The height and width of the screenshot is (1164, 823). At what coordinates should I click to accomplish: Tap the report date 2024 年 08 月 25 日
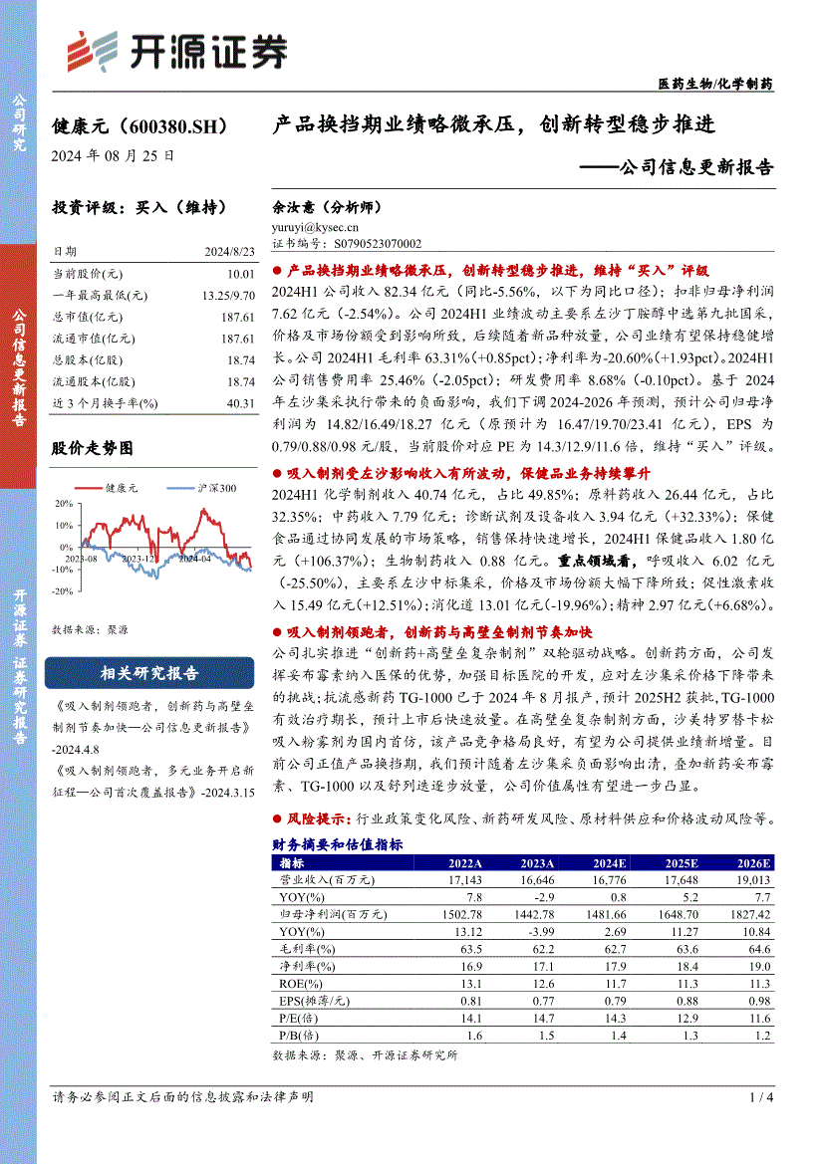tap(114, 155)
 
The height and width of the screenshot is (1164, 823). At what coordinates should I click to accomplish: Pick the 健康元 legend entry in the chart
tap(114, 488)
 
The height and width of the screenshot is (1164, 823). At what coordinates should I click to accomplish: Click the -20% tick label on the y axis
tap(62, 590)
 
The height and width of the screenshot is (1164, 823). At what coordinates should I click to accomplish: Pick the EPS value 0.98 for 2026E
tap(759, 999)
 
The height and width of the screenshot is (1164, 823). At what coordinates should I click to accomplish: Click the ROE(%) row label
tap(299, 982)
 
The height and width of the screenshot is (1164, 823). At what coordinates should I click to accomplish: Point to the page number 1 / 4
tap(760, 1097)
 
